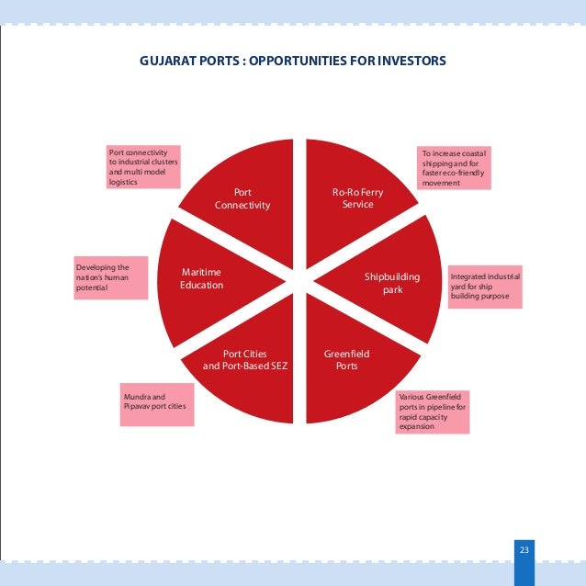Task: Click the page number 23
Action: (524, 549)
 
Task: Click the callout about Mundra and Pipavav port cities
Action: (158, 404)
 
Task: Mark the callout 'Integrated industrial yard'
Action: (485, 288)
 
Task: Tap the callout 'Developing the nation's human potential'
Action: (108, 277)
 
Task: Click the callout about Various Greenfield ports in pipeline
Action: (433, 411)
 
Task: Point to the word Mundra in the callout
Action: (138, 397)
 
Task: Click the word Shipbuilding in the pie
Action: (392, 276)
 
